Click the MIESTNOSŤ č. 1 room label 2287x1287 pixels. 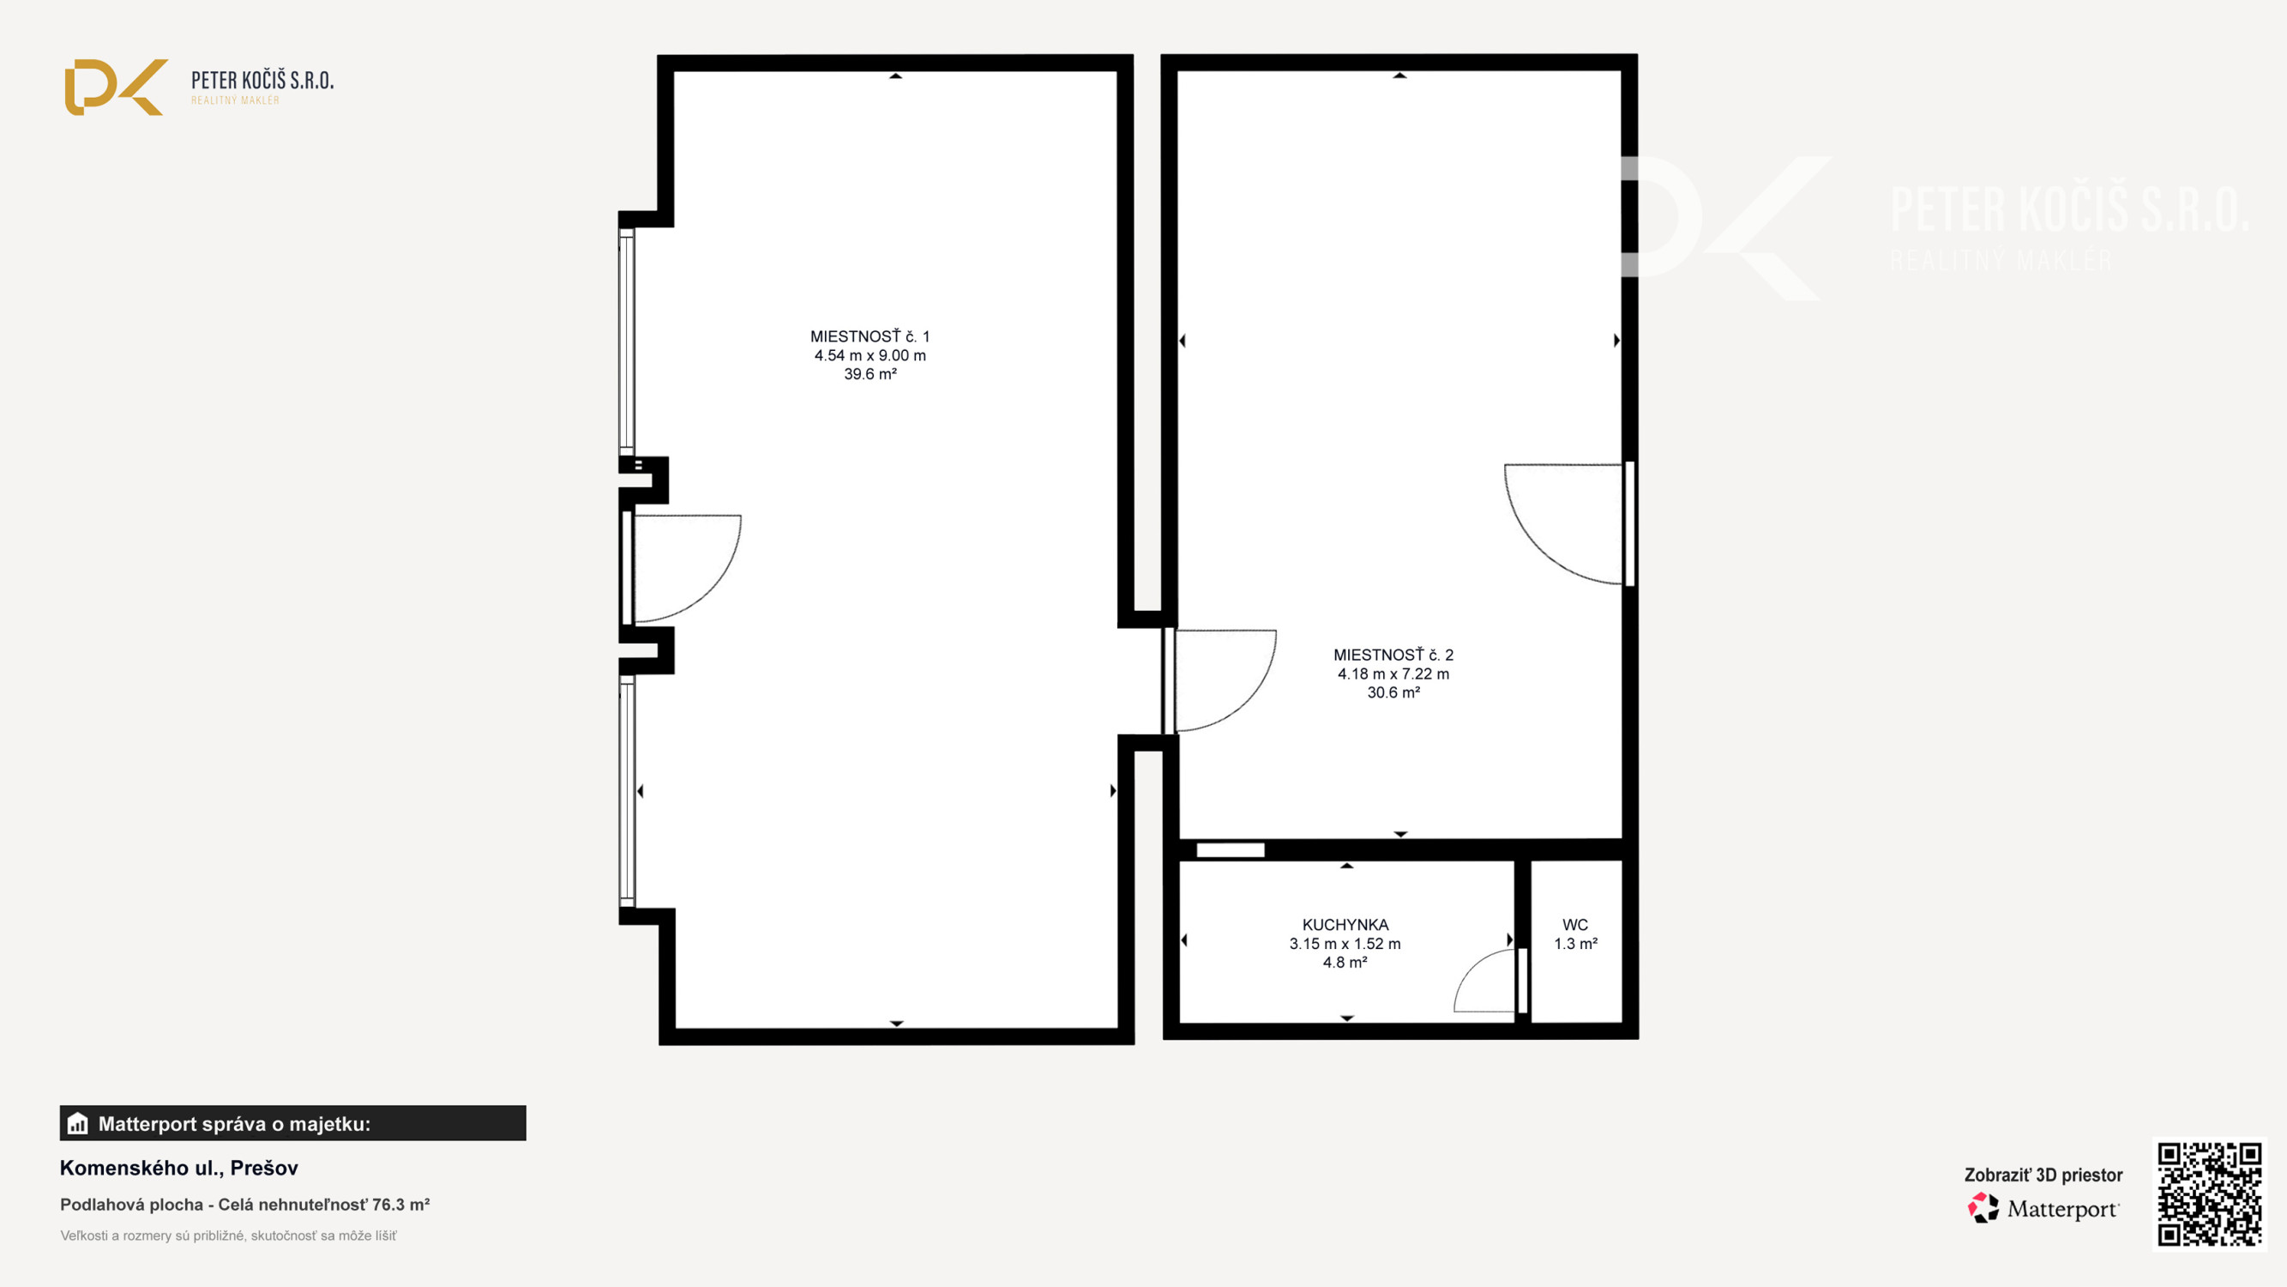tap(870, 336)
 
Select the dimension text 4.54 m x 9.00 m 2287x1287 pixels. tap(870, 355)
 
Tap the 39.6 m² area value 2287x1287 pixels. tap(870, 374)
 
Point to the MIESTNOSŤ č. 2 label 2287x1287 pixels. tap(1393, 655)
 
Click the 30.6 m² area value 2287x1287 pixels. tap(1393, 692)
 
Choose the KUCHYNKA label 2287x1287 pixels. tap(1345, 925)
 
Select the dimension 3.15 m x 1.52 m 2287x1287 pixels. tap(1345, 943)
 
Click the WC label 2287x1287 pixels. tap(1575, 925)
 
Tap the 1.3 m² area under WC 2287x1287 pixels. tap(1575, 943)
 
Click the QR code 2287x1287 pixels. tap(2209, 1193)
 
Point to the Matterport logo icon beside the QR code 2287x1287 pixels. tap(1983, 1208)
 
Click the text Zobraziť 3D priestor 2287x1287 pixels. tap(2043, 1175)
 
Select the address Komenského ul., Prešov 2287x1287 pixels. tap(178, 1168)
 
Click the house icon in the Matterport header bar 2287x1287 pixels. tap(78, 1124)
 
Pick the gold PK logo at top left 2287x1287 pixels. tap(116, 87)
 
